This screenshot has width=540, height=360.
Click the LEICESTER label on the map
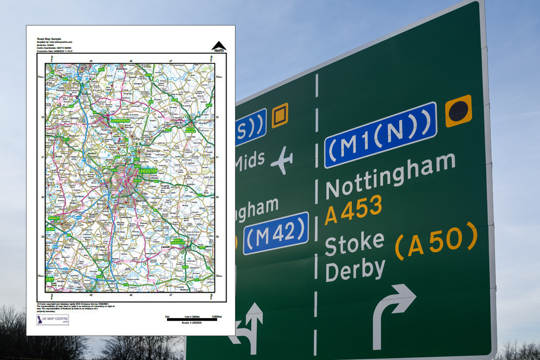click(x=148, y=171)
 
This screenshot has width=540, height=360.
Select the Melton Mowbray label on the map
click(x=191, y=129)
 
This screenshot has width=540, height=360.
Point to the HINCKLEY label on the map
click(x=54, y=218)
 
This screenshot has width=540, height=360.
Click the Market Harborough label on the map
click(x=177, y=242)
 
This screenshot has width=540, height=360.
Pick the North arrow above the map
click(x=218, y=46)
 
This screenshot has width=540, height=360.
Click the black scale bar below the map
click(x=192, y=318)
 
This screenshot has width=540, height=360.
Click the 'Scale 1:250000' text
click(x=192, y=322)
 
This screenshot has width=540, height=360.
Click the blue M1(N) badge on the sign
click(x=380, y=134)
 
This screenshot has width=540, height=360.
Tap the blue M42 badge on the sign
click(x=275, y=233)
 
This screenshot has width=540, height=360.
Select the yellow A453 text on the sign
click(x=353, y=209)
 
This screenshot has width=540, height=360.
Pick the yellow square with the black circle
click(x=458, y=111)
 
